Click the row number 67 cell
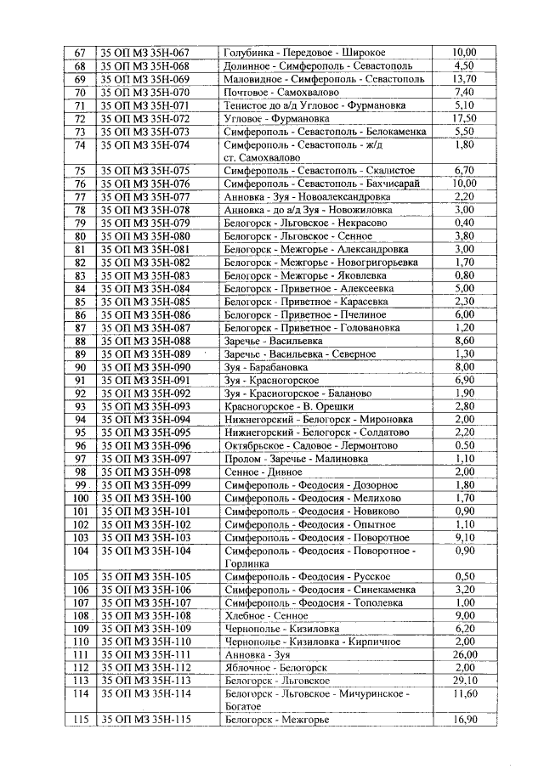coord(81,53)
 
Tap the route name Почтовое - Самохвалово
coord(276,92)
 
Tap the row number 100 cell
coord(81,498)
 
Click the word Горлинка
coord(247,563)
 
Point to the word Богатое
coord(244,707)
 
